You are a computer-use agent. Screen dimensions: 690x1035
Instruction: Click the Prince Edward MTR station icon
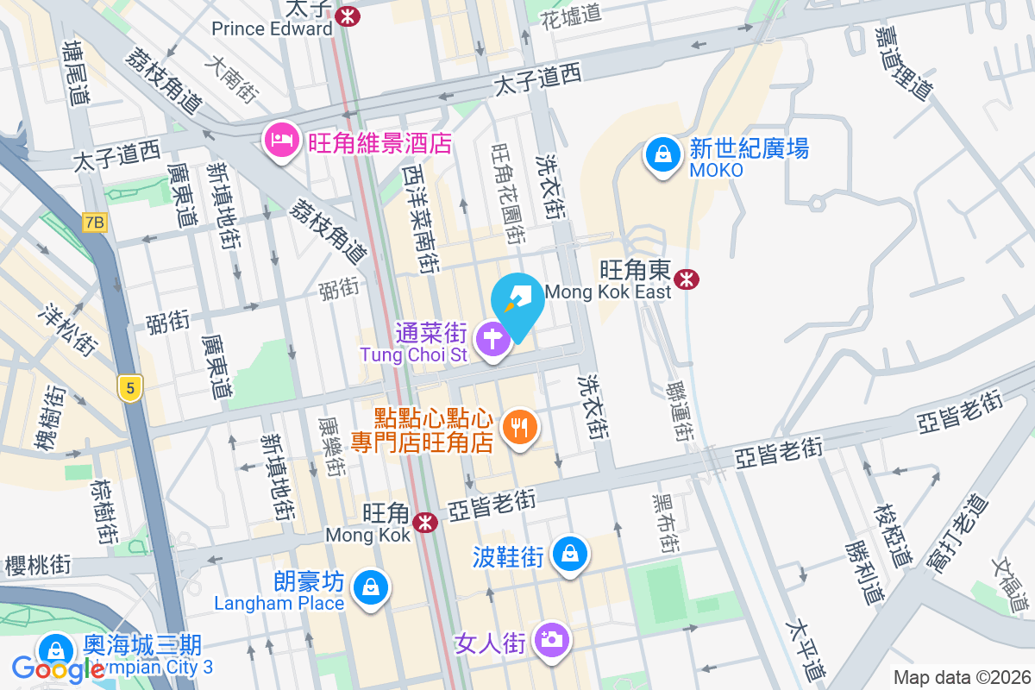tap(348, 16)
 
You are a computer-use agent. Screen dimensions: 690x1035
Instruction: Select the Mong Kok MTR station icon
tap(424, 523)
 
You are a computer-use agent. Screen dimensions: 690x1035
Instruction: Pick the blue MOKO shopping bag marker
tap(662, 156)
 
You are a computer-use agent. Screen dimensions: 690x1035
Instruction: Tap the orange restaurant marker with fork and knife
tap(519, 426)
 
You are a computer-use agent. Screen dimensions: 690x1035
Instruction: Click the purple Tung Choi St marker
tap(492, 338)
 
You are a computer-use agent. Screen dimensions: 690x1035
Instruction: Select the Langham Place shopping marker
tap(370, 588)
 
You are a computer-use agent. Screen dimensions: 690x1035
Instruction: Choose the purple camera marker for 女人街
tap(551, 640)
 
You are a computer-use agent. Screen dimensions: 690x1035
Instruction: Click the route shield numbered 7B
tap(95, 223)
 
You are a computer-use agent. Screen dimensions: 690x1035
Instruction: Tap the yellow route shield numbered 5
tap(130, 388)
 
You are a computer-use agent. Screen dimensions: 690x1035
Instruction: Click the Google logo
tap(57, 668)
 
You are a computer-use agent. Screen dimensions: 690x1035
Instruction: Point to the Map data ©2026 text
tap(962, 678)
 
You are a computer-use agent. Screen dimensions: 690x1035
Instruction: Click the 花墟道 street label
tap(570, 15)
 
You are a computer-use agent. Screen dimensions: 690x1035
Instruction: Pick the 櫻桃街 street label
tap(38, 566)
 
